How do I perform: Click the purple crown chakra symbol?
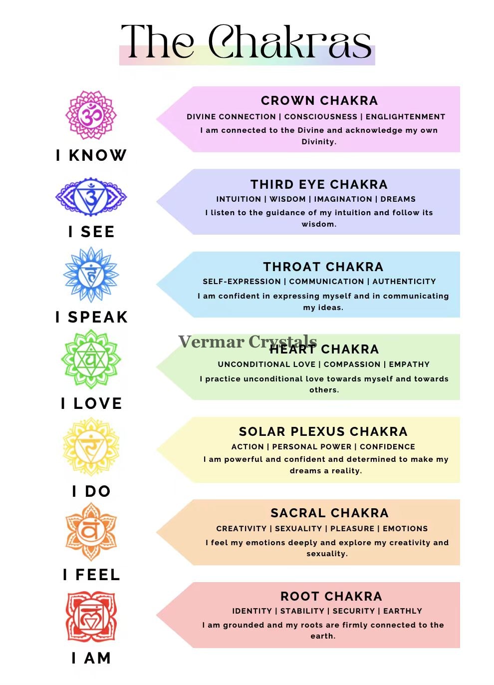[x=91, y=115]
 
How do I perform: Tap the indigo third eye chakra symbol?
[x=91, y=197]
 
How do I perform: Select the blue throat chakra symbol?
[x=91, y=275]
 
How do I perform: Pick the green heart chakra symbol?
[x=91, y=359]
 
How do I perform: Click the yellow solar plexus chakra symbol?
[x=91, y=447]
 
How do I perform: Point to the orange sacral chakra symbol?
[x=91, y=532]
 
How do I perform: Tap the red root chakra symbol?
[x=91, y=617]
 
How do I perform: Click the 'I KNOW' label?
[x=91, y=155]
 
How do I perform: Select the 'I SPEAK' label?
[x=91, y=317]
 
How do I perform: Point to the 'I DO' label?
[x=91, y=491]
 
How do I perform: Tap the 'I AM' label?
[x=91, y=658]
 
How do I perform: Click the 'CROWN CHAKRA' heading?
[x=319, y=101]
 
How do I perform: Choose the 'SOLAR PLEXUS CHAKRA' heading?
[x=323, y=431]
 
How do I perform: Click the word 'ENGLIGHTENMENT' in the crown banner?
[x=405, y=117]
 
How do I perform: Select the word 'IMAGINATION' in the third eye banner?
[x=343, y=199]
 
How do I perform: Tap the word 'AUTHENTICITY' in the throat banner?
[x=404, y=282]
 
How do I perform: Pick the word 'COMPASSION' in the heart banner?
[x=352, y=364]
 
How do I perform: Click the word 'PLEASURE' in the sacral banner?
[x=352, y=528]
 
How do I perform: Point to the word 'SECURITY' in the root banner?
[x=354, y=611]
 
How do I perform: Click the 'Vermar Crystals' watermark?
[x=247, y=342]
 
